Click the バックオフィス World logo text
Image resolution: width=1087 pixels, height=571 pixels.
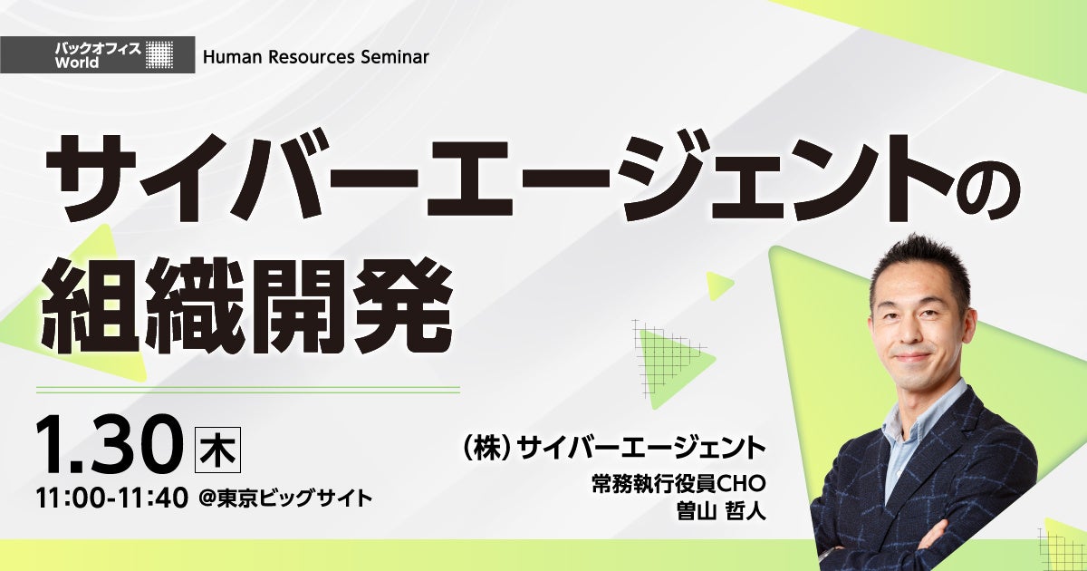point(98,55)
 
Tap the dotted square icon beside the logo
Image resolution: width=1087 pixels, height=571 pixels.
point(159,54)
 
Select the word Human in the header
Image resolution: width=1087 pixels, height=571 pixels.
point(233,57)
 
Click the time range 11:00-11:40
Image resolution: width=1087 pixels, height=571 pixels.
point(112,498)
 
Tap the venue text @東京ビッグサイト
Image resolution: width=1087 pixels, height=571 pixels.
point(286,499)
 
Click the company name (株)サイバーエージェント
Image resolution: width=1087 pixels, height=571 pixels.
point(614,448)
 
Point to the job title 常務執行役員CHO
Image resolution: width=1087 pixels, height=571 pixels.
point(678,484)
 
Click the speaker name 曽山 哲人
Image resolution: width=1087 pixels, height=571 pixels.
point(721,511)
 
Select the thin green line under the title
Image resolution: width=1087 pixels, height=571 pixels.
point(248,389)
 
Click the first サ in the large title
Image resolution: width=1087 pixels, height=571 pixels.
point(91,179)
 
